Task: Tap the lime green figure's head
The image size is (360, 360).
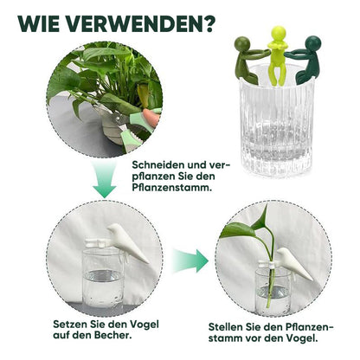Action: click(279, 33)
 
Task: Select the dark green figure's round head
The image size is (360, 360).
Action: click(312, 43)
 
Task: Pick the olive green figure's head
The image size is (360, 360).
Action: click(242, 44)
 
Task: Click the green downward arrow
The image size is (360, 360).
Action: click(105, 179)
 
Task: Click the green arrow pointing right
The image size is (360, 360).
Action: click(190, 261)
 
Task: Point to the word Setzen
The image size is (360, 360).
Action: click(67, 325)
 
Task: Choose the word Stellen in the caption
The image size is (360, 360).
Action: click(225, 327)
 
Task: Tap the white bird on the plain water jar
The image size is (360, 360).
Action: click(127, 241)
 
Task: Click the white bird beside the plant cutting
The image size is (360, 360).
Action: click(293, 263)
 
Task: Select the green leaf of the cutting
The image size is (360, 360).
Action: click(237, 230)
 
